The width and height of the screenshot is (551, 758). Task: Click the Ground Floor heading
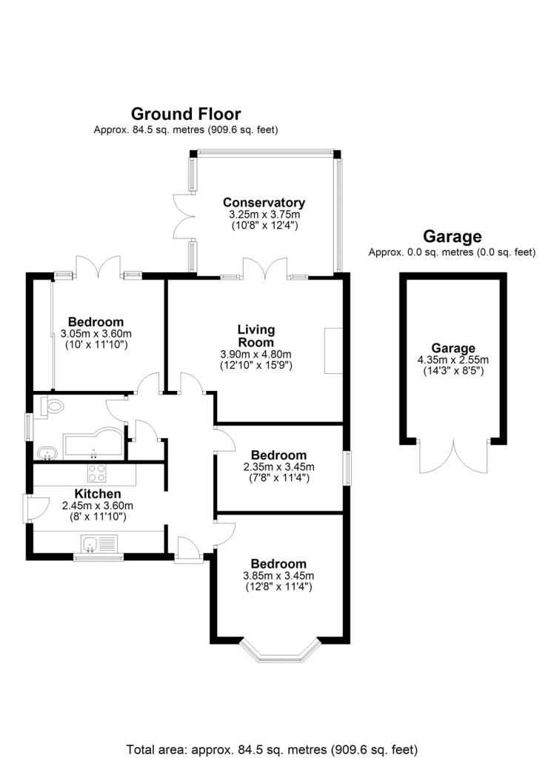(186, 114)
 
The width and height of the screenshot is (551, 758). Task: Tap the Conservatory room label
(264, 203)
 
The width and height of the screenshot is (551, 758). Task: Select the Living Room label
(256, 336)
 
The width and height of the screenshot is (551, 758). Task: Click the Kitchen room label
(97, 494)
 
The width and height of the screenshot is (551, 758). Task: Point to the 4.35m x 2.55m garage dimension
(453, 360)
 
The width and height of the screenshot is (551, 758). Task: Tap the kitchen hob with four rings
(97, 472)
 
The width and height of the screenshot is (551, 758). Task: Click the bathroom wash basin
(47, 454)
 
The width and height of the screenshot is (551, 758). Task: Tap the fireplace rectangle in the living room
(333, 350)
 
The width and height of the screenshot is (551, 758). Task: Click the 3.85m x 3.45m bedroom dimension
(278, 576)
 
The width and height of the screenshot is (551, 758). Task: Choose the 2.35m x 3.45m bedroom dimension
(278, 467)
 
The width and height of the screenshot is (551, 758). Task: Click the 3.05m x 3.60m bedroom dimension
(96, 334)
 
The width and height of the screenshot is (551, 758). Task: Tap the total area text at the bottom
(272, 750)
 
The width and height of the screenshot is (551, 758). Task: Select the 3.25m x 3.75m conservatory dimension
(264, 214)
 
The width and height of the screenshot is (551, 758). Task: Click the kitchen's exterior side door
(35, 508)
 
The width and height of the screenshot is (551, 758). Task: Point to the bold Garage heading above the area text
(453, 236)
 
